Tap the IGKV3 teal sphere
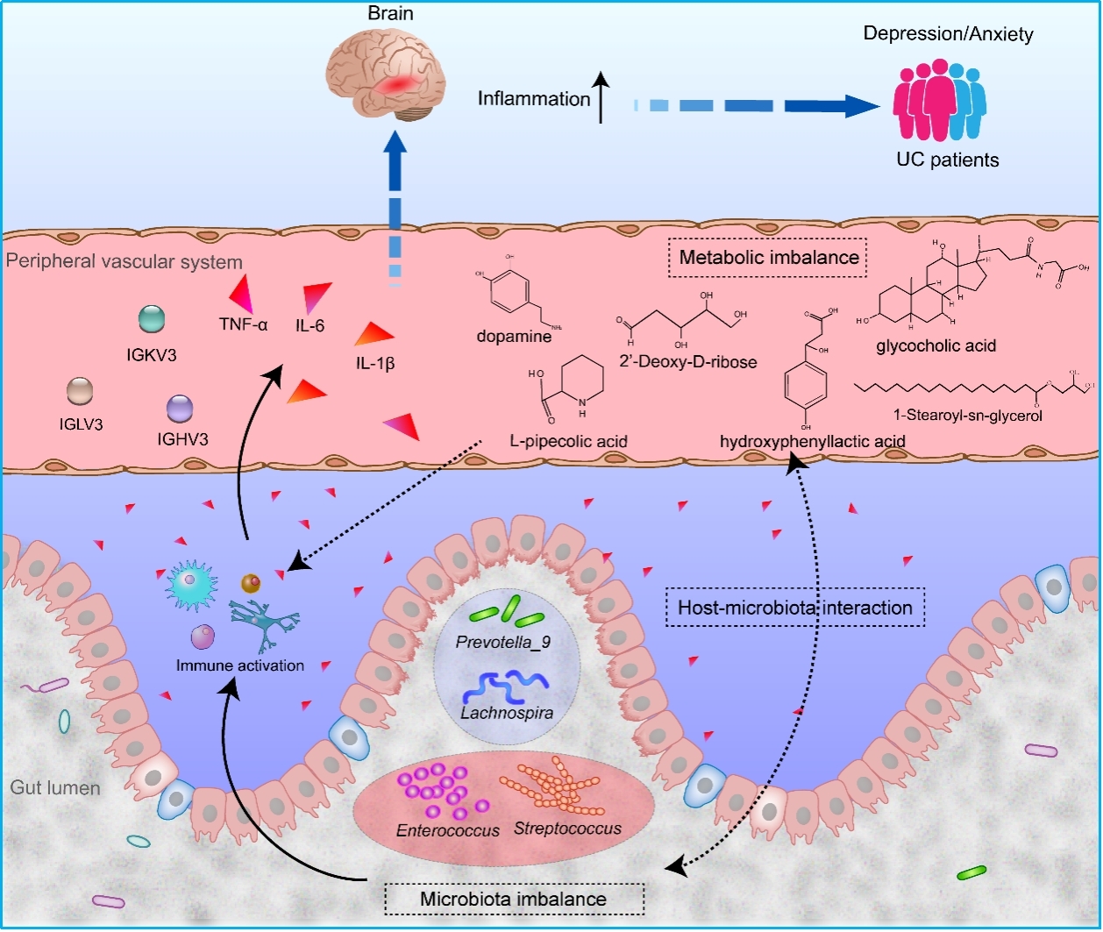[x=152, y=319]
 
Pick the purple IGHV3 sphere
[x=181, y=408]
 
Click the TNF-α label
[x=243, y=325]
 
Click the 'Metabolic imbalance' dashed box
[x=769, y=259]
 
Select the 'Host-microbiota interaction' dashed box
[x=795, y=608]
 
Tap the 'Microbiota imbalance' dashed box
[x=514, y=899]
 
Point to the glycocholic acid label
[x=936, y=345]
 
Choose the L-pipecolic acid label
[x=569, y=441]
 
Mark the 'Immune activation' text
[x=239, y=665]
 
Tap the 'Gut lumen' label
[x=55, y=787]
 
